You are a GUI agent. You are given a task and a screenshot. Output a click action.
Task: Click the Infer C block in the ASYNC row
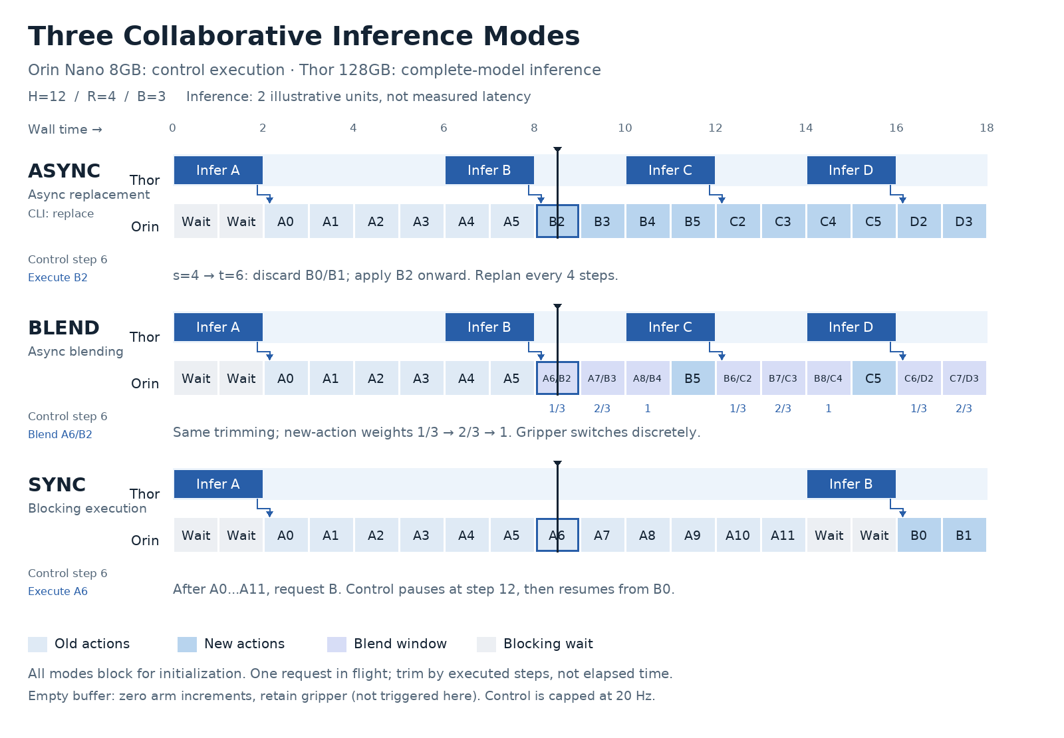click(670, 170)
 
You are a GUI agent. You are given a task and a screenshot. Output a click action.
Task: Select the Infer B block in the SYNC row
click(851, 484)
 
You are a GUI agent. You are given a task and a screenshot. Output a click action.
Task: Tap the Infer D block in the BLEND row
click(851, 327)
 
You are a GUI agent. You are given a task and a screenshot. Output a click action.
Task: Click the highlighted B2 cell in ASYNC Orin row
click(557, 221)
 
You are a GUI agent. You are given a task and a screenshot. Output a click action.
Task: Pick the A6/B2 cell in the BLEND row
click(557, 378)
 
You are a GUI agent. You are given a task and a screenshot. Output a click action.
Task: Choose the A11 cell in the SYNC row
click(783, 535)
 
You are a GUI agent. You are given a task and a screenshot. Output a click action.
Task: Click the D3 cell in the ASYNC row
click(964, 221)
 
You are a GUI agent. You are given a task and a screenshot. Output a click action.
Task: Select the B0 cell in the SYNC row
click(919, 535)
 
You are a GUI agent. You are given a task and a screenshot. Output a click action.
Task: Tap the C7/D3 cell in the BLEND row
click(964, 378)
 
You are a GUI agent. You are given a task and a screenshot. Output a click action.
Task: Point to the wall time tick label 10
click(624, 128)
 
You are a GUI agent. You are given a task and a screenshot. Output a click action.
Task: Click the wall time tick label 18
click(987, 128)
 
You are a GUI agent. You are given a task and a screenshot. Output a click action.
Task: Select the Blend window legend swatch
click(336, 644)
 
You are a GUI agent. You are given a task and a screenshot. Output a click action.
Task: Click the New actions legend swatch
click(187, 644)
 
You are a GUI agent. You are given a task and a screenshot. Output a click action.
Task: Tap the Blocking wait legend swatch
click(486, 644)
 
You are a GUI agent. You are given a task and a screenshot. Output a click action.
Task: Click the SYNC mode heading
click(57, 485)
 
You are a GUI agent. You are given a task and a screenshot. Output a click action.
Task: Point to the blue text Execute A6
click(58, 591)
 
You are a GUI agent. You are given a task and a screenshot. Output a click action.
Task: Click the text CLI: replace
click(61, 213)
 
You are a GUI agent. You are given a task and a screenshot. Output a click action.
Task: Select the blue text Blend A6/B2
click(60, 435)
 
